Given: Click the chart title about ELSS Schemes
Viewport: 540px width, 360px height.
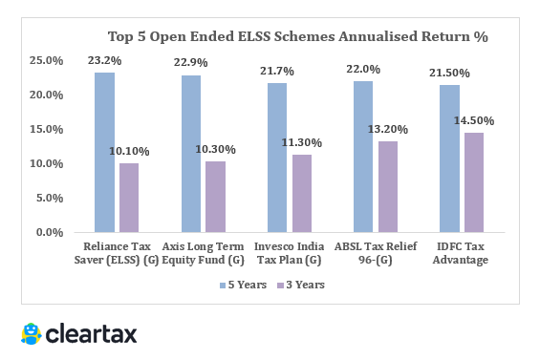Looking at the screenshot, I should pos(297,37).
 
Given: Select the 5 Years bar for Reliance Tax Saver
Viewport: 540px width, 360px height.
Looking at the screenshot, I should pos(104,153).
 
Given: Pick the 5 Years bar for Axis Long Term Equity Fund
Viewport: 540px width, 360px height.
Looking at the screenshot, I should pos(191,154).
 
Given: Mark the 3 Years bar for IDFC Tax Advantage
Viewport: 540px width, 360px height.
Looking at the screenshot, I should pos(474,182).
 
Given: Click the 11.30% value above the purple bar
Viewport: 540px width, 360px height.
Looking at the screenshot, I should pos(301,142).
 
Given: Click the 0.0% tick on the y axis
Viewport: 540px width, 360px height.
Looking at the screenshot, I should pos(50,232).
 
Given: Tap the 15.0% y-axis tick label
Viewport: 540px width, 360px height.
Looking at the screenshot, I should pos(47,129).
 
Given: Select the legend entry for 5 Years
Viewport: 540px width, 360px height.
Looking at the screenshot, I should pos(243,285).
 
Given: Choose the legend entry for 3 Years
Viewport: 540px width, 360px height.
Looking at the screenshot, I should pos(300,285).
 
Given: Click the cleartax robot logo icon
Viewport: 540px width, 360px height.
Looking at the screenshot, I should pos(32,333).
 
